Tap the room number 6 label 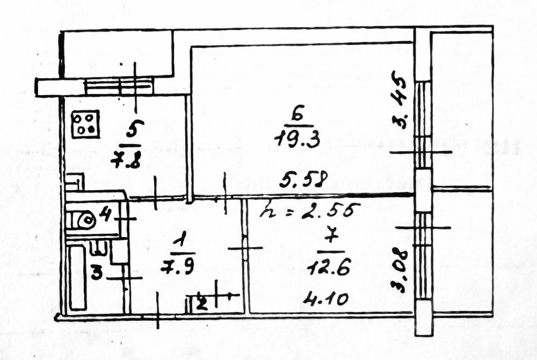(299, 114)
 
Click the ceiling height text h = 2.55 (309, 210)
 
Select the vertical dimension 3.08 (401, 270)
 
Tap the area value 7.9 (178, 267)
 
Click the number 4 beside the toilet (105, 217)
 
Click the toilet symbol (85, 219)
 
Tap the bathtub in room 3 (77, 277)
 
